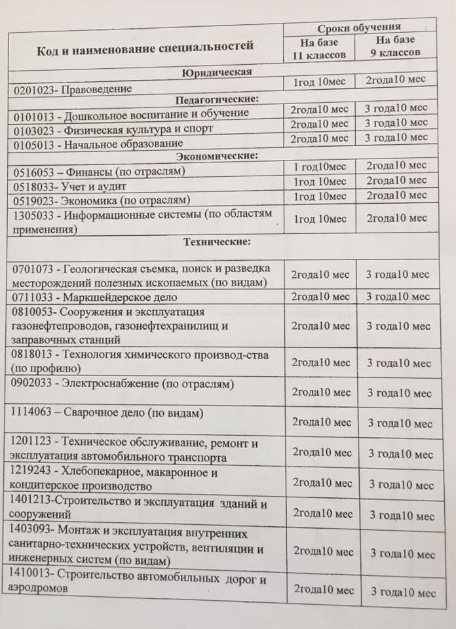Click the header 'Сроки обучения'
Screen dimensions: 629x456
point(359,28)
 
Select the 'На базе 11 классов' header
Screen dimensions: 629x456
point(319,48)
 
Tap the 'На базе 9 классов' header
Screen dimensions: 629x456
point(396,47)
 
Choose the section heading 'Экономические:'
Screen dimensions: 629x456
point(217,156)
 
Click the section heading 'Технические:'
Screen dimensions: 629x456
point(217,242)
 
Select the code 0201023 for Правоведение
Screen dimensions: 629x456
point(33,88)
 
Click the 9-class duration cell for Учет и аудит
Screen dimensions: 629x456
point(396,180)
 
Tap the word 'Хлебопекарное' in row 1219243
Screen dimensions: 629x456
point(97,472)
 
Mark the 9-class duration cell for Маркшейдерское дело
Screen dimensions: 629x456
point(398,297)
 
